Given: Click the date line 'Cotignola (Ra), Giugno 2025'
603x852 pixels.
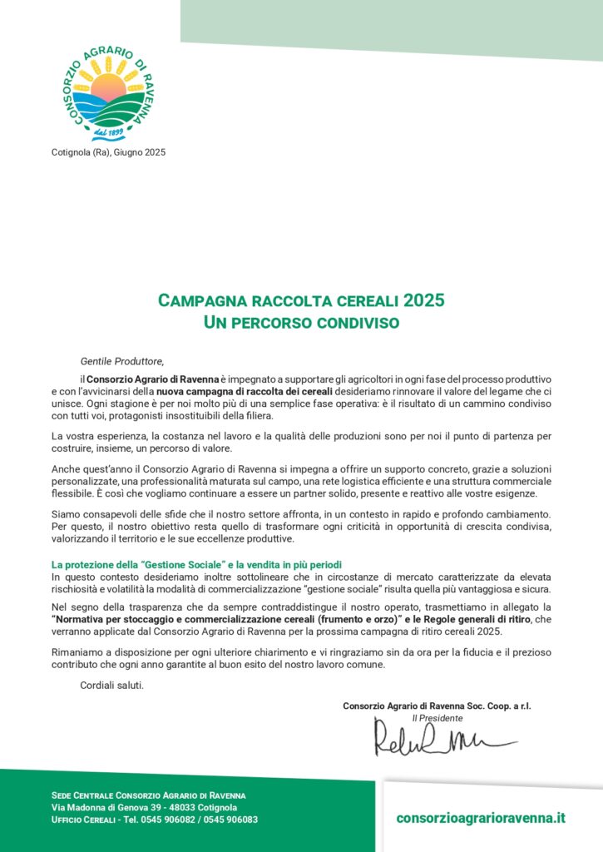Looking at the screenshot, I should (109, 151).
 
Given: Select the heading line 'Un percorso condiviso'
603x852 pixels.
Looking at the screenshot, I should (301, 321).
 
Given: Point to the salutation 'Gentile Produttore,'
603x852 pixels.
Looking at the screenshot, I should (122, 361).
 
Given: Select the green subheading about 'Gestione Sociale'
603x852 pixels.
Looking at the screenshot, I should (196, 566).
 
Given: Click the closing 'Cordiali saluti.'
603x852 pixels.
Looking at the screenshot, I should (112, 685).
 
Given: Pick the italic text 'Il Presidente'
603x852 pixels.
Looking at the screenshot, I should (437, 717).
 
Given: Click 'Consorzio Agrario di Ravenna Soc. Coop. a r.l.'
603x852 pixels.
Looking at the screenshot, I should (437, 706).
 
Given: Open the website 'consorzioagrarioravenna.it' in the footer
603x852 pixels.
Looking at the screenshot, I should (481, 817).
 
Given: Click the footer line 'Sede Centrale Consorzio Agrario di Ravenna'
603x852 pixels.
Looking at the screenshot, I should (148, 795).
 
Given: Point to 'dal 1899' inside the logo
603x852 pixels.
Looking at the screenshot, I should (109, 131).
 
